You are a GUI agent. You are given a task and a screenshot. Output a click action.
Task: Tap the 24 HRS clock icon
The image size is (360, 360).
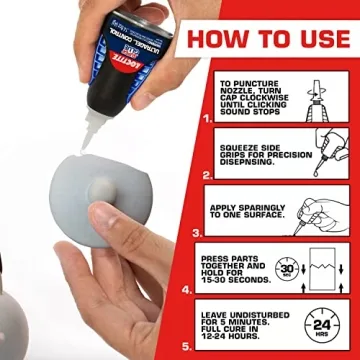tap(321, 326)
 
